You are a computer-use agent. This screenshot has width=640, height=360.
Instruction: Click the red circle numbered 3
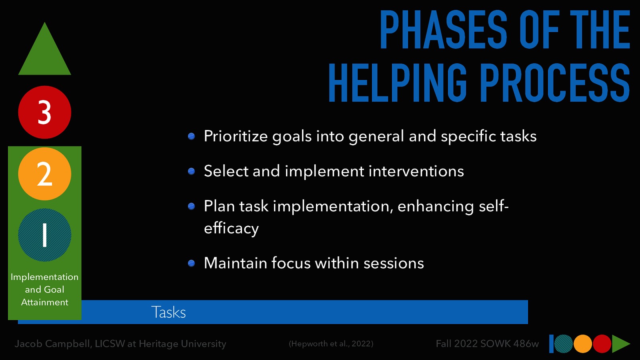coord(44,112)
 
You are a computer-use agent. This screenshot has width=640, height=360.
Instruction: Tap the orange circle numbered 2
coord(44,174)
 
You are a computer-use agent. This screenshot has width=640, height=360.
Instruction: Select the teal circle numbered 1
coord(44,235)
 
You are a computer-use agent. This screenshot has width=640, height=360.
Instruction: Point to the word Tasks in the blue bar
coord(168,312)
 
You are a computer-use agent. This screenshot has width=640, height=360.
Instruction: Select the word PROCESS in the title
coord(554,83)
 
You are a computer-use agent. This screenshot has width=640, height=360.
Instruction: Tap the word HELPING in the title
coord(398,83)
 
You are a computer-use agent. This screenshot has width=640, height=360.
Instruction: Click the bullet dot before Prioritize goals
coord(192,136)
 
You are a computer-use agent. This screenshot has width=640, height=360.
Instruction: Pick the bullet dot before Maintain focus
coord(192,263)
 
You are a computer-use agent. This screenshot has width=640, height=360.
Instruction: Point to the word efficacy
coord(231,228)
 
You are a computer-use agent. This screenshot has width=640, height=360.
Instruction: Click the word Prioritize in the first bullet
coord(236,136)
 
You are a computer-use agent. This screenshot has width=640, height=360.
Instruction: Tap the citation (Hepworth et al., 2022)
coord(331,344)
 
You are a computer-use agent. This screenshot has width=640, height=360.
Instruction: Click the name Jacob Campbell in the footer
coord(53,344)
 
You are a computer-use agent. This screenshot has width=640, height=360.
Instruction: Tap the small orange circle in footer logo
coord(583,344)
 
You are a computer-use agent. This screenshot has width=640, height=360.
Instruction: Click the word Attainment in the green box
coord(44,302)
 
